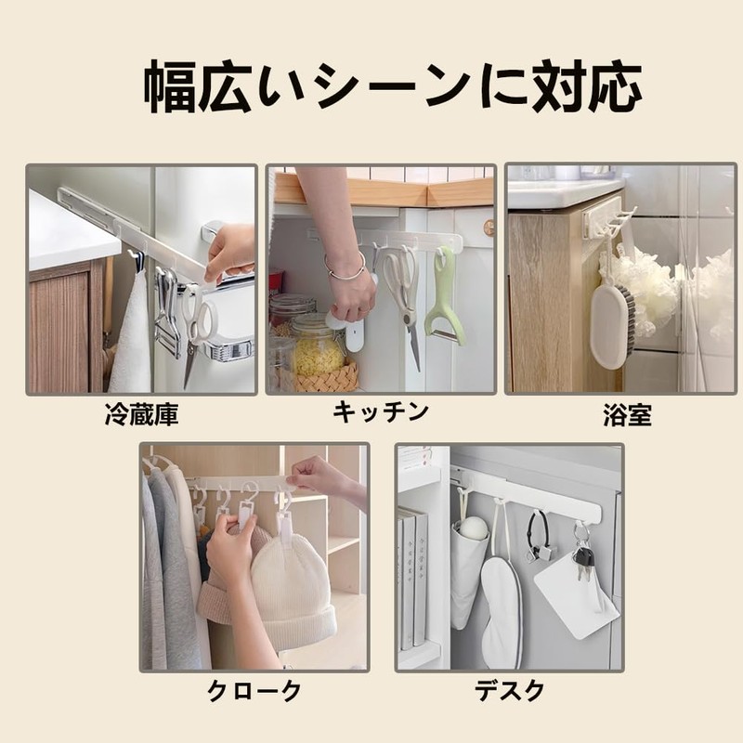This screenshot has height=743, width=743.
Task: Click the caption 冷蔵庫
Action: click(141, 415)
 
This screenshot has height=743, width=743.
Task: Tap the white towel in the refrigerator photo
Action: click(131, 334)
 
